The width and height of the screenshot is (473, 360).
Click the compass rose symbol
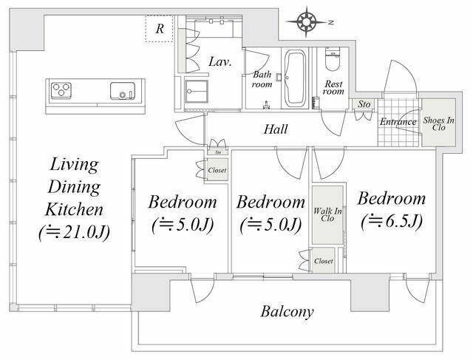click(x=306, y=22)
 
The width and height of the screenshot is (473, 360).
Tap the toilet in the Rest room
click(x=332, y=59)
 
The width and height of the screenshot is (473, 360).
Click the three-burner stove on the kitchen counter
click(x=61, y=90)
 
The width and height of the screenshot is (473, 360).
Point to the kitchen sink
click(x=122, y=90)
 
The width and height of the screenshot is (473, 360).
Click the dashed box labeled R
click(x=160, y=28)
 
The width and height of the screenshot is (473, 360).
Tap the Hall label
click(x=276, y=129)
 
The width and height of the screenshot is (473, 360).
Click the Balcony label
click(x=287, y=312)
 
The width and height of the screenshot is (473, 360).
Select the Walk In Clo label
click(x=327, y=214)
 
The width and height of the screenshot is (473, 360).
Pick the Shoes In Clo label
click(x=438, y=123)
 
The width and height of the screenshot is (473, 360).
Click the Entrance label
click(x=398, y=122)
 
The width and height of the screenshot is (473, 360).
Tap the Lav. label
click(x=220, y=62)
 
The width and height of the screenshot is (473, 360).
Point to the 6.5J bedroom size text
click(x=391, y=222)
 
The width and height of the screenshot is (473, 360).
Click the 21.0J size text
click(x=74, y=233)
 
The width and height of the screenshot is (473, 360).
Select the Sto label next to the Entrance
click(x=364, y=104)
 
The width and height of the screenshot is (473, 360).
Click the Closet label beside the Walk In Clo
click(x=324, y=261)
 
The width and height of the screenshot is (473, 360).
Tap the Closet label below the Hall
click(x=217, y=170)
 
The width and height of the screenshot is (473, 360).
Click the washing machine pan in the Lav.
click(x=197, y=91)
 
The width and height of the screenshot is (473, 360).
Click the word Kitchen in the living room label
click(x=74, y=210)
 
